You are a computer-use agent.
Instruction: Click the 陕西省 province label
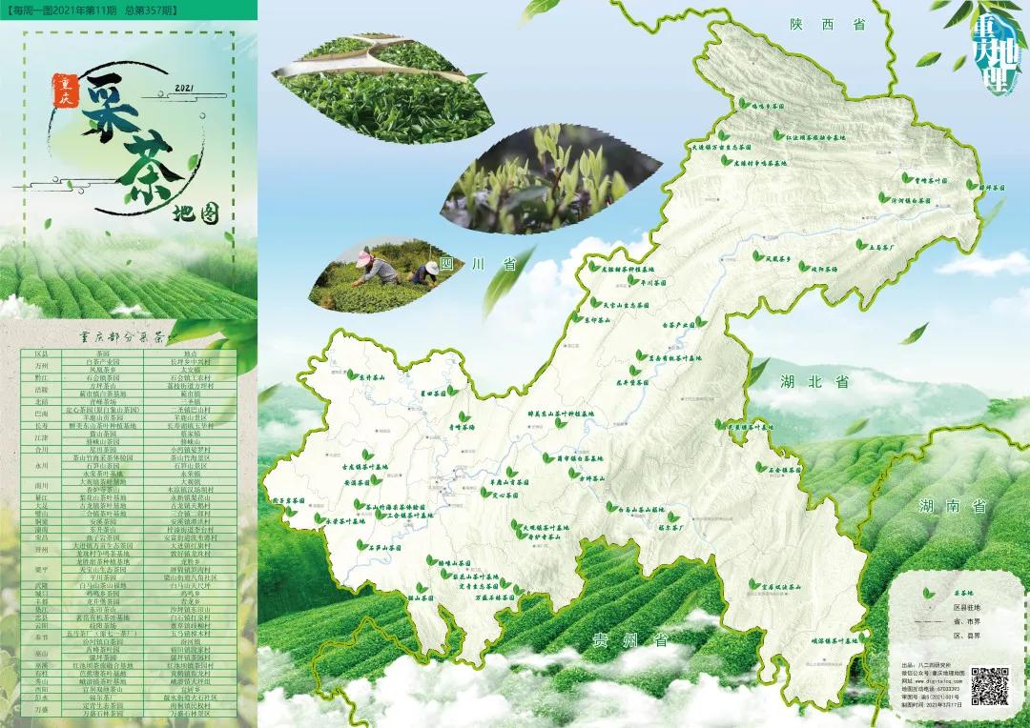point(827,25)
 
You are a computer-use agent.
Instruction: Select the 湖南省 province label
point(954,506)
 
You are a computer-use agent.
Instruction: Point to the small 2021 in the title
point(185,89)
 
